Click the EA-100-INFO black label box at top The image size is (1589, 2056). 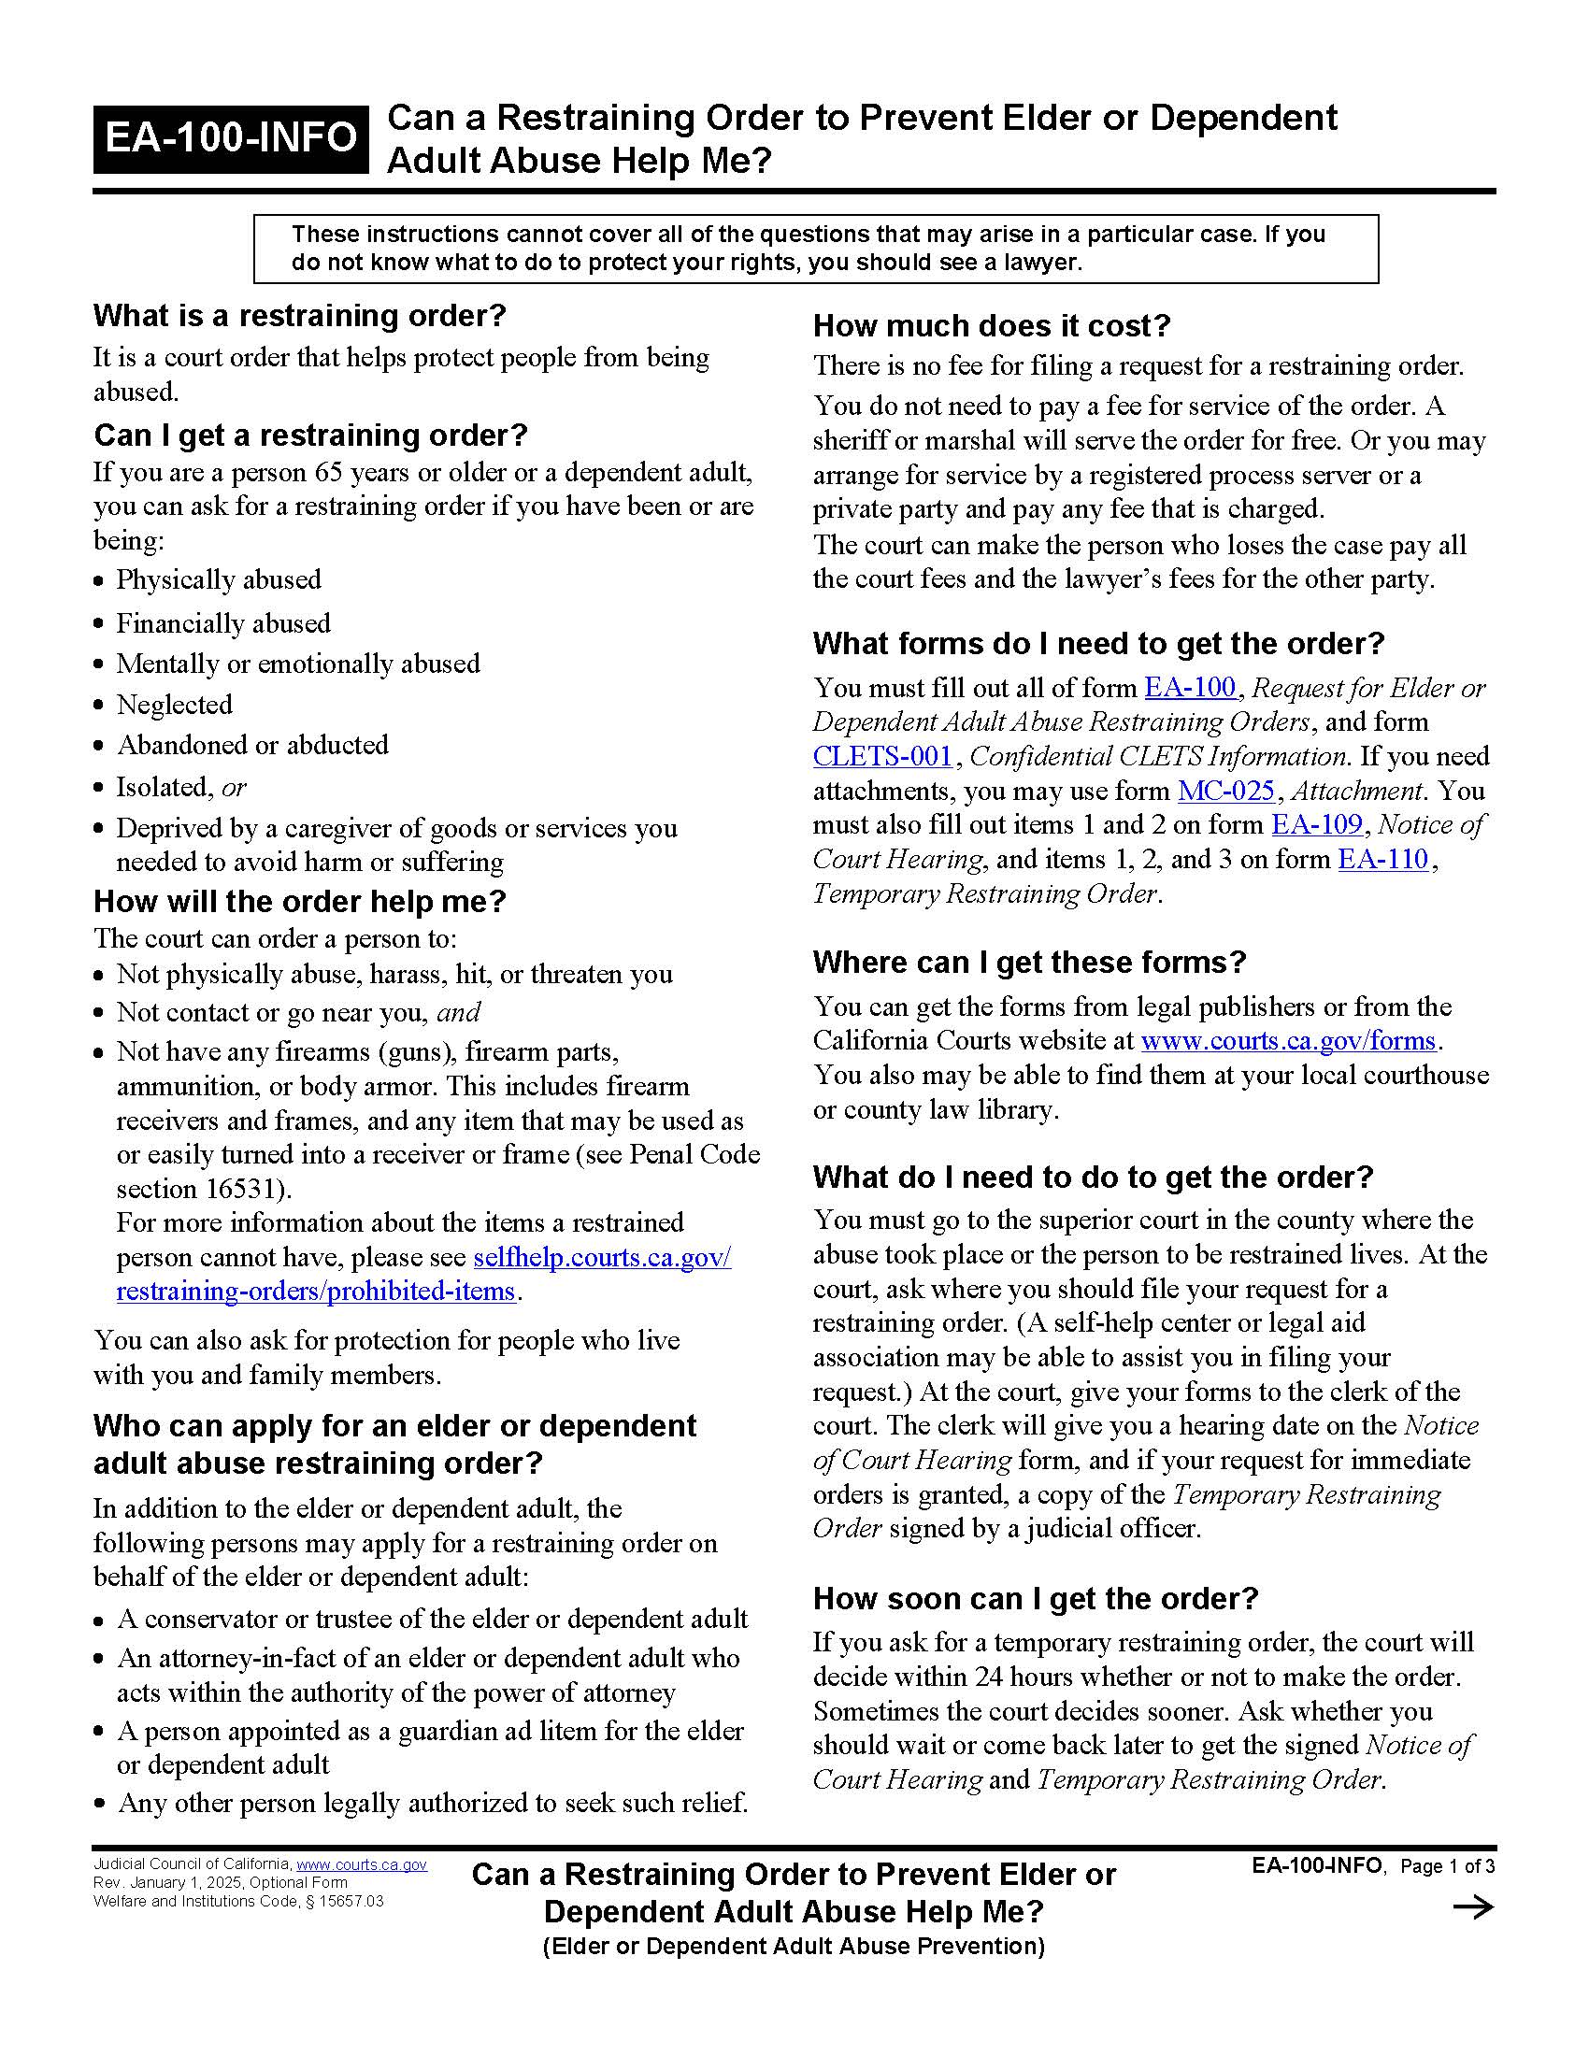(231, 138)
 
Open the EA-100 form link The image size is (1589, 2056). (1190, 687)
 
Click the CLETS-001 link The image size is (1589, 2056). (882, 756)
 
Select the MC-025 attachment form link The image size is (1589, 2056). (1225, 791)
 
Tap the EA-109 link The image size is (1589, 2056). (1316, 824)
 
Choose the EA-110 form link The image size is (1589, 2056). (1382, 859)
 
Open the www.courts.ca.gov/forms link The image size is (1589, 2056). (1288, 1040)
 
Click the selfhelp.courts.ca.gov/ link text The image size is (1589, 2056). (602, 1257)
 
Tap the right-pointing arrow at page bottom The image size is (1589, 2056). (1473, 1908)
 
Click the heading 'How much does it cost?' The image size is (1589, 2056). (991, 326)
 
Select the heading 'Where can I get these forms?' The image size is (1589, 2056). (1029, 962)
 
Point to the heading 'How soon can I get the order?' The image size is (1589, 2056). (1036, 1598)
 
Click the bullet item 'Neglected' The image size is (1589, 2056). (174, 704)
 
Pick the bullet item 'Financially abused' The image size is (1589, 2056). (223, 623)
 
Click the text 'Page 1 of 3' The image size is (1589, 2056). (1447, 1866)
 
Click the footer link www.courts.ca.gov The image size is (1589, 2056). (362, 1865)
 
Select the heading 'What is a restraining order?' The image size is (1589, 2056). (299, 315)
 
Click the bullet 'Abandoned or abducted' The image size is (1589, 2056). (252, 745)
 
